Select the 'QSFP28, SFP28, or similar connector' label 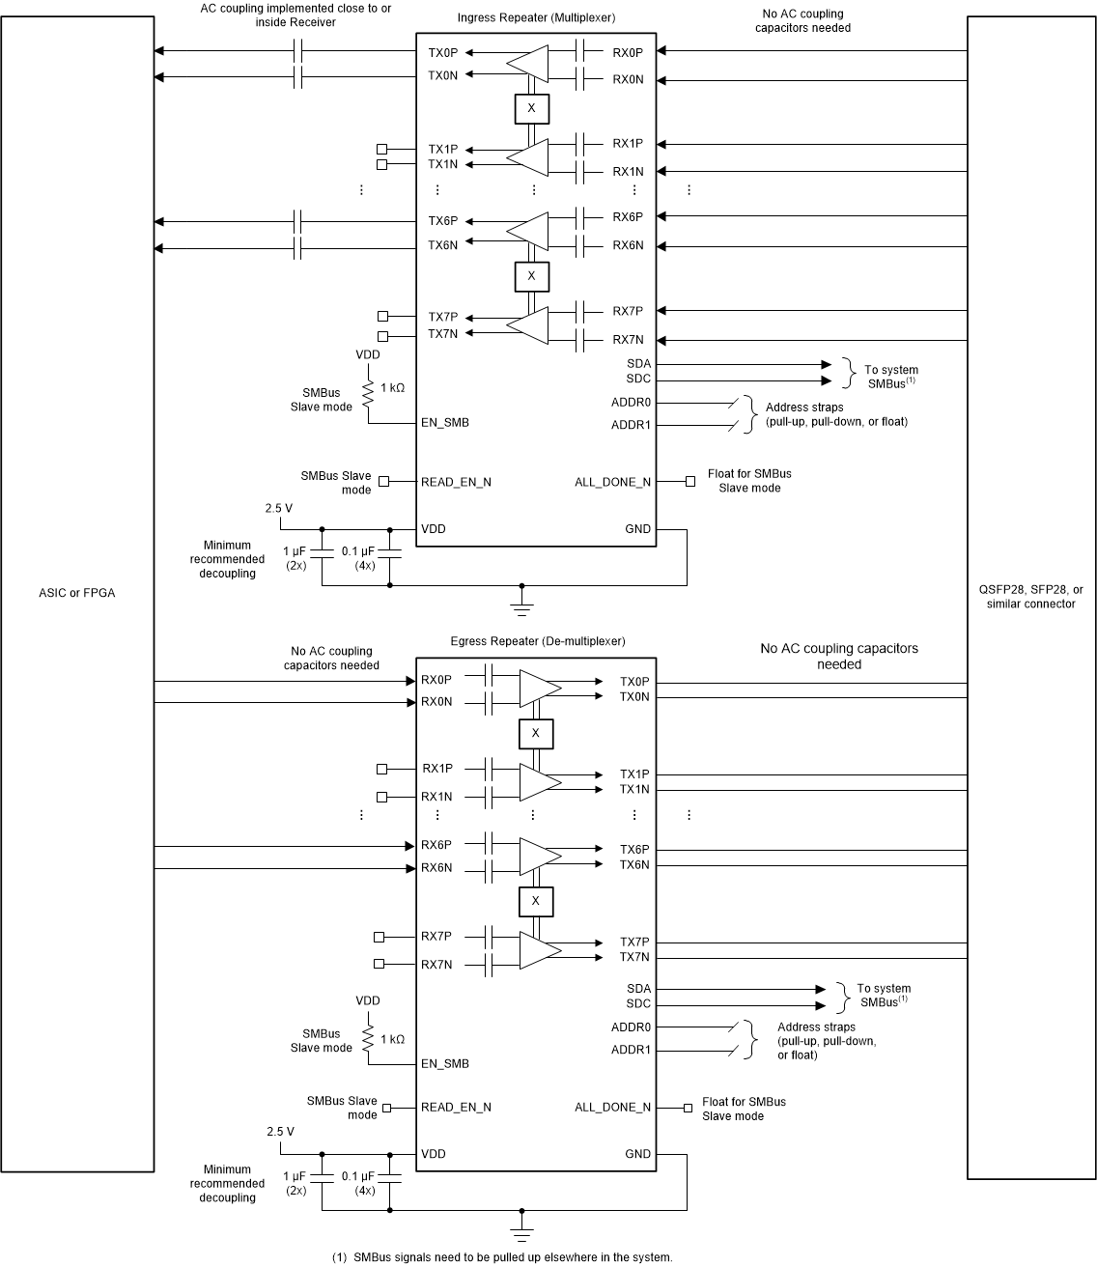click(1030, 597)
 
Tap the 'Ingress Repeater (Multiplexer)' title click(536, 17)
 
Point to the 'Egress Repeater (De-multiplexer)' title click(537, 641)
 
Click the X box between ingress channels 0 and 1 click(531, 108)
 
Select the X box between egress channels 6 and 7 click(536, 901)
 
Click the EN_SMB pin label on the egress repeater click(444, 1063)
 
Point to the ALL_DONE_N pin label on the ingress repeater click(612, 482)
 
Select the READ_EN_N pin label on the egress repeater click(456, 1107)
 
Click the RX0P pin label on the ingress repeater click(628, 52)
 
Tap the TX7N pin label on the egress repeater click(634, 957)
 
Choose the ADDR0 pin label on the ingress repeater click(631, 403)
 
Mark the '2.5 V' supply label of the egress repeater click(281, 1131)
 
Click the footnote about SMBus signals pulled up click(502, 1257)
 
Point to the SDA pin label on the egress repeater click(638, 989)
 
